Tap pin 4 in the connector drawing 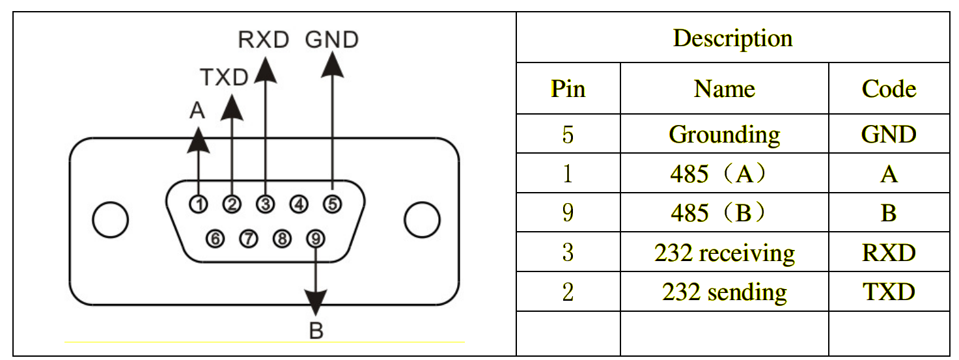click(x=299, y=204)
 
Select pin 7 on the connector click(x=248, y=238)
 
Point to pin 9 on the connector click(x=316, y=238)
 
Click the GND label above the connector click(x=332, y=40)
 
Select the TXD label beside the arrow click(x=223, y=78)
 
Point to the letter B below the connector click(x=316, y=331)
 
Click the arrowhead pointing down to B click(x=316, y=303)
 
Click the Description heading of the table click(x=732, y=38)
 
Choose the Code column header click(x=889, y=89)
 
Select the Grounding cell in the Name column click(x=724, y=135)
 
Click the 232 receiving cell click(x=724, y=253)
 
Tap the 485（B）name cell click(x=724, y=213)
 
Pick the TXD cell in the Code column click(x=889, y=292)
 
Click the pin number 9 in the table click(x=567, y=213)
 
